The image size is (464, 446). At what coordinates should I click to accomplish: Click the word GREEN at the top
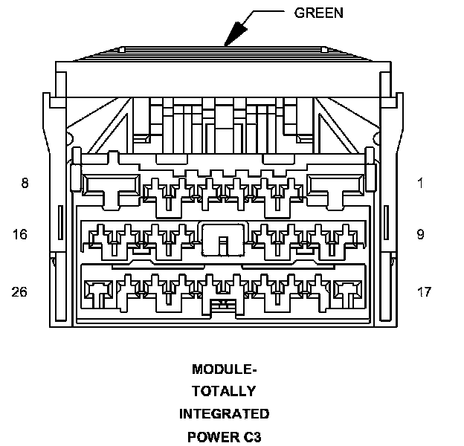click(319, 13)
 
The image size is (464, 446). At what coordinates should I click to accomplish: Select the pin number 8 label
click(25, 183)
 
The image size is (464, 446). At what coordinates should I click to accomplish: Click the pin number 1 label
click(420, 183)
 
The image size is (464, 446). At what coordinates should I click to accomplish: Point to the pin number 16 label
click(19, 235)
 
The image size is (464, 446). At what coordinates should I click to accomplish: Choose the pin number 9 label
click(420, 235)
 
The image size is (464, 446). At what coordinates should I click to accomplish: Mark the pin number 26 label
click(19, 292)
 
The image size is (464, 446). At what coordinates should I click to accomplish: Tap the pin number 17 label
click(424, 292)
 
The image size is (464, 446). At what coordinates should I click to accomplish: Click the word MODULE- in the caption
click(224, 369)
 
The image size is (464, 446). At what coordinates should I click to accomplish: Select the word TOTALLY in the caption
click(224, 391)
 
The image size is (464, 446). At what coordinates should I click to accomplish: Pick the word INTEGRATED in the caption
click(224, 413)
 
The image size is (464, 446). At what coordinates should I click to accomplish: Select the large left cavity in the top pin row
click(110, 186)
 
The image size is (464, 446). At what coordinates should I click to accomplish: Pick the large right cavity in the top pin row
click(336, 186)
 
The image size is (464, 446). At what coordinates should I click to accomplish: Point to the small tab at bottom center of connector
click(223, 306)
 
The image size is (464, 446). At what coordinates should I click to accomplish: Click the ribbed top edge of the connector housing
click(223, 53)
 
